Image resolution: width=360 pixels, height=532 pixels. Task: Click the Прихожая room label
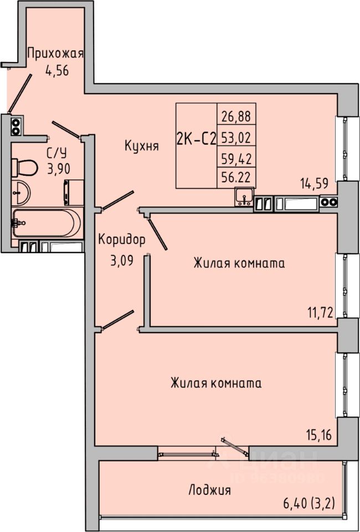[55, 54]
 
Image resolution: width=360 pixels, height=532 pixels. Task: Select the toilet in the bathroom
[25, 166]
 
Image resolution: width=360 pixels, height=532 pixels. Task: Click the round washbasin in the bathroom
[22, 192]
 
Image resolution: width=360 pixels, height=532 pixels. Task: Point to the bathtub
[47, 223]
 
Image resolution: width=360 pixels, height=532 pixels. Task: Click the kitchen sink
[244, 196]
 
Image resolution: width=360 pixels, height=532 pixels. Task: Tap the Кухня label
[142, 146]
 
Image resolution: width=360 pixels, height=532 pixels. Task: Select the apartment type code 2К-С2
[196, 140]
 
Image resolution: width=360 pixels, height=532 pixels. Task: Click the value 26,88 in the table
[236, 116]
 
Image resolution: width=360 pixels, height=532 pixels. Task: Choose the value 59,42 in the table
[236, 158]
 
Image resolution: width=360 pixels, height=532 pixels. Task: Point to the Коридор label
[122, 240]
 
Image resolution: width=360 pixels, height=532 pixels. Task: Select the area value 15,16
[320, 434]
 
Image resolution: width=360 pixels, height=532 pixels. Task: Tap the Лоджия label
[209, 490]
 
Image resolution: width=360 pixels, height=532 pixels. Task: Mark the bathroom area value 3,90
[58, 170]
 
